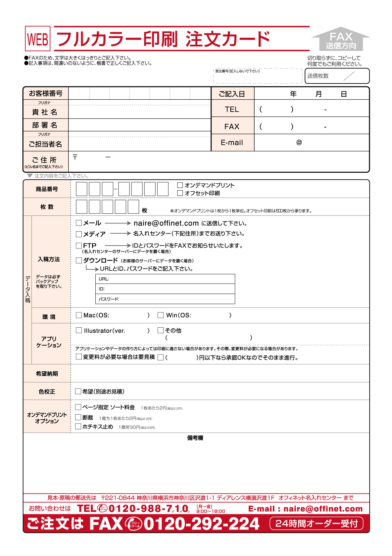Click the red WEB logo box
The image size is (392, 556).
tap(38, 39)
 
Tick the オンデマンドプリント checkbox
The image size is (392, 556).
tap(180, 185)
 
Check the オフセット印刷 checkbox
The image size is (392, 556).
tap(180, 193)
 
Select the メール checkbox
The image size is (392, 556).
tap(79, 223)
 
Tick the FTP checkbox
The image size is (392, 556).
tap(79, 246)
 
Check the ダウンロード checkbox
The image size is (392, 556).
tap(79, 260)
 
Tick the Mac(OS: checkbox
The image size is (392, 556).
tap(79, 315)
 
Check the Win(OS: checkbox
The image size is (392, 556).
tap(161, 315)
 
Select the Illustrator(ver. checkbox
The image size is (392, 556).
tap(79, 330)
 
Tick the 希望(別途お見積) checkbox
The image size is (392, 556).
tap(78, 392)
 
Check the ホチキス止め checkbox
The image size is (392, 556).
tap(78, 427)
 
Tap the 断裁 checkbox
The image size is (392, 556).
tap(78, 417)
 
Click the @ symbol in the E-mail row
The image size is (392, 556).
tap(299, 142)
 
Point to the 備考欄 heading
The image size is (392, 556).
tap(195, 438)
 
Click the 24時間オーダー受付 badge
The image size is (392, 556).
tap(317, 524)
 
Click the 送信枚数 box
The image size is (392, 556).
tap(337, 76)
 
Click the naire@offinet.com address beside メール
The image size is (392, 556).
tap(166, 223)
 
